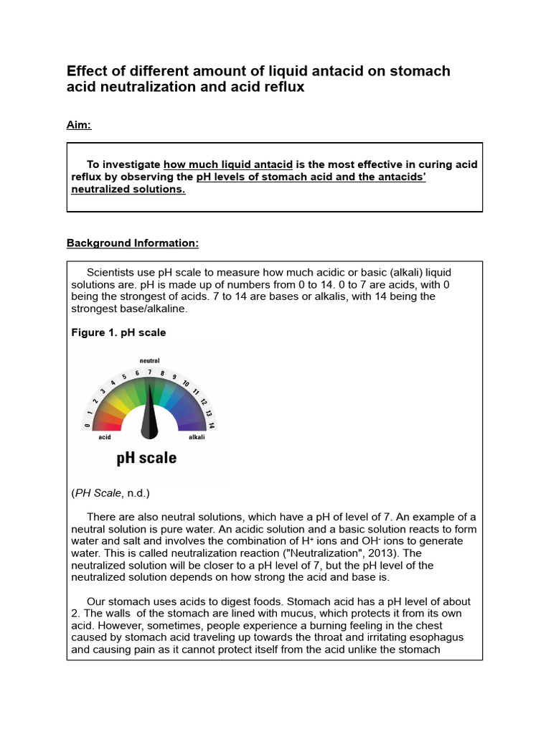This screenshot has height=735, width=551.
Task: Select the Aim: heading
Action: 79,126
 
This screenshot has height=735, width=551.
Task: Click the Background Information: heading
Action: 132,243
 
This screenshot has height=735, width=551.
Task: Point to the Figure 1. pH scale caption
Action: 118,332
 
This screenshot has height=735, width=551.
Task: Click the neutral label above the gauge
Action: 149,360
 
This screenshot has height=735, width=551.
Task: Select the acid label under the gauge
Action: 105,437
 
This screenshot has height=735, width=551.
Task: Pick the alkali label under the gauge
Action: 196,437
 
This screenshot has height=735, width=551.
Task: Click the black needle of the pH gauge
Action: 149,413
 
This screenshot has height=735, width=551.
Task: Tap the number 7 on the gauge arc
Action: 149,372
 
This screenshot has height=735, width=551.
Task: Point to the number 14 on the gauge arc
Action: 212,425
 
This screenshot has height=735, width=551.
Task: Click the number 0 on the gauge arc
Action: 88,425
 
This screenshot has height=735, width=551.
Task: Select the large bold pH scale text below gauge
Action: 146,457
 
